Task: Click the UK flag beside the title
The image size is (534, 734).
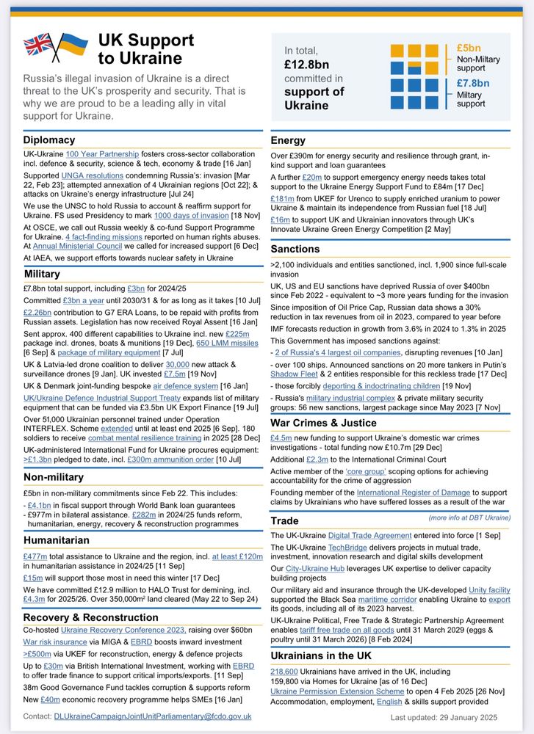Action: coord(38,46)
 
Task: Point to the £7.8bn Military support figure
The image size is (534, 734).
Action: coord(472,83)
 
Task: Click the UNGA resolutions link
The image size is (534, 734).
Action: coord(92,177)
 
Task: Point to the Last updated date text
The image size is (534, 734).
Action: coord(444,717)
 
